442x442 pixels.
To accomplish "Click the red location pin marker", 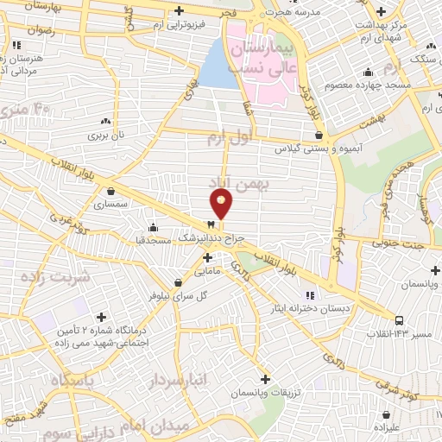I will click(x=222, y=203).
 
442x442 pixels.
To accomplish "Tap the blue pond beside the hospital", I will click(x=218, y=66).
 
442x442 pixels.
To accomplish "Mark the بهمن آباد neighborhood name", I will click(x=239, y=183).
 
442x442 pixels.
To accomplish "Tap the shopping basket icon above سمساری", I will click(x=110, y=192).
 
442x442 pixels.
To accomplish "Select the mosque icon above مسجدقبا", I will click(x=154, y=226).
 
